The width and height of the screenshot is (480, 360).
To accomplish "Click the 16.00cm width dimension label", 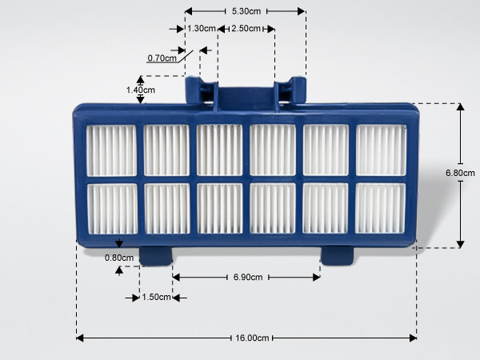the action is tap(252, 338).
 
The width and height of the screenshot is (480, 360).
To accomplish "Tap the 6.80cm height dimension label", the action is tap(460, 173).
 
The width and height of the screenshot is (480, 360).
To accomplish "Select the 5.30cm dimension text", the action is tap(246, 11).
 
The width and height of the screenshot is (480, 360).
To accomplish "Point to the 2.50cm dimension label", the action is tap(246, 29).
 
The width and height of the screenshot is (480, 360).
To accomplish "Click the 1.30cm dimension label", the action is tap(202, 29).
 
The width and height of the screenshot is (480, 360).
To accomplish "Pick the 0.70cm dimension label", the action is tap(162, 58).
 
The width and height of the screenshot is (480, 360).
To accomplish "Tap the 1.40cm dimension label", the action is tap(141, 90).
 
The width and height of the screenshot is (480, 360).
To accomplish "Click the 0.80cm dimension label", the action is tap(119, 258).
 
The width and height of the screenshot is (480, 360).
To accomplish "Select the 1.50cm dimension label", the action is tap(156, 297).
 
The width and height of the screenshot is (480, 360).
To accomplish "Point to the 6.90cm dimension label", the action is tap(248, 277).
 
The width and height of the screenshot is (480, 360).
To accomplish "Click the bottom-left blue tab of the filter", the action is tap(155, 256).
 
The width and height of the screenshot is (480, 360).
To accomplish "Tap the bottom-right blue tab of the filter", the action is tap(337, 256).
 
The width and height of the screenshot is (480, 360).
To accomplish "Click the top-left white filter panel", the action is tap(111, 150).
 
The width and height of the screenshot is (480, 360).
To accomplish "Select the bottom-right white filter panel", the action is tap(380, 208).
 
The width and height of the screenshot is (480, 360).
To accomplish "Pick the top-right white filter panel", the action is tap(381, 150).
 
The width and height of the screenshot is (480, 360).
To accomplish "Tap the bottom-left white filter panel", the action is tap(112, 209).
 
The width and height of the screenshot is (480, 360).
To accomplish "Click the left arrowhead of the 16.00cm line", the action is tap(79, 338).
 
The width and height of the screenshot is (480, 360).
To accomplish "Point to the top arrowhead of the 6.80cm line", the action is tap(460, 107).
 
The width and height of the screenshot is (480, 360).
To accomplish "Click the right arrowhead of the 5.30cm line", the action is tap(302, 11).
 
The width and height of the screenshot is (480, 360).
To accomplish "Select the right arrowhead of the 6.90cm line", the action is tap(317, 278).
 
